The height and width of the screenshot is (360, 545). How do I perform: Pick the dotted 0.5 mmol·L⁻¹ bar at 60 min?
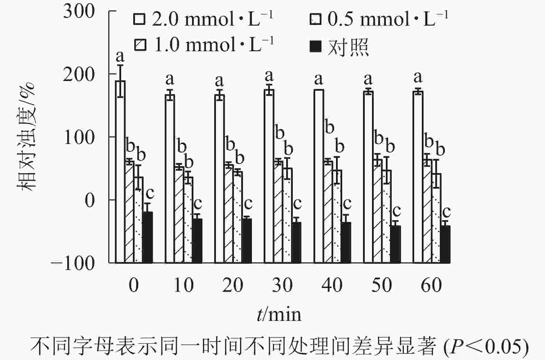pos(436,218)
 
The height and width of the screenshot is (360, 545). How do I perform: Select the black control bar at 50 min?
pos(396,244)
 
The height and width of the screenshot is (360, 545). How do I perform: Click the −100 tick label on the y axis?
pos(73,263)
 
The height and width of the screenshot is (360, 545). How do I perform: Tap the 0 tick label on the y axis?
pos(89,200)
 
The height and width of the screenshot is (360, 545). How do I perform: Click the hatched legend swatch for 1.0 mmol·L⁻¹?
pos(140,45)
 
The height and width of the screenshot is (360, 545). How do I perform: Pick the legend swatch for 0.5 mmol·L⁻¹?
pos(316,19)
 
